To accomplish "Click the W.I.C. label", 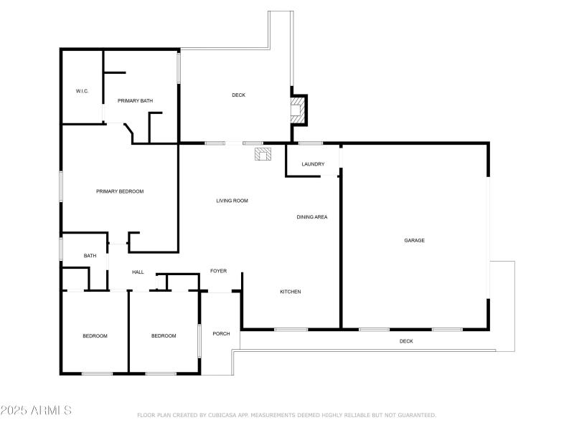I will coord(82,91).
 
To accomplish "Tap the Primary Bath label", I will coord(136,101).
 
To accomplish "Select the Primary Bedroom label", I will coord(120,191).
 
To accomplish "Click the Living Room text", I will coord(232,201).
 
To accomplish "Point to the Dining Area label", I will coord(312,216).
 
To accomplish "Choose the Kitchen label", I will coord(290,292).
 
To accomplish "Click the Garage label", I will coord(414,240).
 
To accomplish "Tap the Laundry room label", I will coord(313,164).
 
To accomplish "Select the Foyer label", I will coord(218,271).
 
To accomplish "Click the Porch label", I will coord(221,333).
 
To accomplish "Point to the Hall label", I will coord(138,272).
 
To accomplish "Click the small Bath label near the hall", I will coord(90,256).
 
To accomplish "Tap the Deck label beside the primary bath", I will coord(238,95).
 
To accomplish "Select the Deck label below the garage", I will coord(406,341).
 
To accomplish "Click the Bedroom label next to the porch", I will coord(164,336).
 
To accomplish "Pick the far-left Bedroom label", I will coord(95,336).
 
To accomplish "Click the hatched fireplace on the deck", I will coord(297,109).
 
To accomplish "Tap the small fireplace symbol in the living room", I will coord(262,153).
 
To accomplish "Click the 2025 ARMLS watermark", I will coord(36,411).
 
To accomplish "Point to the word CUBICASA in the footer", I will coord(223,415).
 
